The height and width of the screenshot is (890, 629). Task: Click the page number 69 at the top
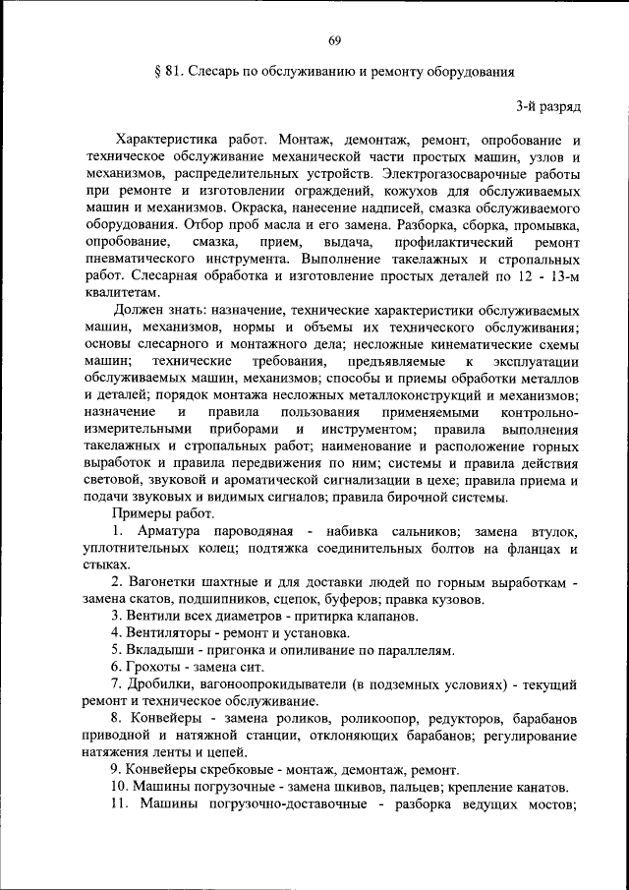point(334,39)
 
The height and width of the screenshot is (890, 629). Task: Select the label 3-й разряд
point(548,104)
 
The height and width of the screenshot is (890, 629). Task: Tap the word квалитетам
point(121,294)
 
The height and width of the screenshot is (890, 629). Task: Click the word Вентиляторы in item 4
point(175,633)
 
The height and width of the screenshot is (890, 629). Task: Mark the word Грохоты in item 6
point(158,668)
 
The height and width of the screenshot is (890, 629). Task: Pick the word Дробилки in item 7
point(163,684)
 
